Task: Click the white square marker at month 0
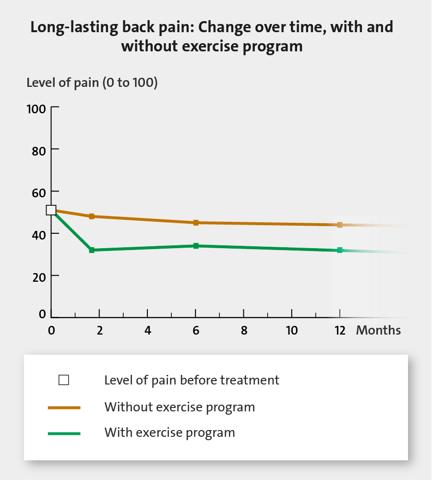coord(51,210)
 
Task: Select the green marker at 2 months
coord(92,250)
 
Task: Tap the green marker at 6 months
coord(196,246)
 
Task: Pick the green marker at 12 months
coord(340,250)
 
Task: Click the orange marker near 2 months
coord(92,216)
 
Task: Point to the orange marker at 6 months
coord(196,223)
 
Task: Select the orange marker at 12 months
coord(340,225)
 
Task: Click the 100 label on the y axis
coord(36,108)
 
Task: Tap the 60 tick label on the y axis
coord(39,192)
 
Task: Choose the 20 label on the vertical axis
coord(39,276)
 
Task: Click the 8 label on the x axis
coord(244,331)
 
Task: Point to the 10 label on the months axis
coord(292,331)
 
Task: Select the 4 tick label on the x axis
coord(147,331)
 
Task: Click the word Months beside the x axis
coord(378,331)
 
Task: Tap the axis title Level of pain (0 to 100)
coord(92,83)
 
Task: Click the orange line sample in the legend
coord(64,408)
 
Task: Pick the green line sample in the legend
coord(64,433)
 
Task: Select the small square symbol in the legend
coord(64,381)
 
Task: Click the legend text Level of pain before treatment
coord(192,381)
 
